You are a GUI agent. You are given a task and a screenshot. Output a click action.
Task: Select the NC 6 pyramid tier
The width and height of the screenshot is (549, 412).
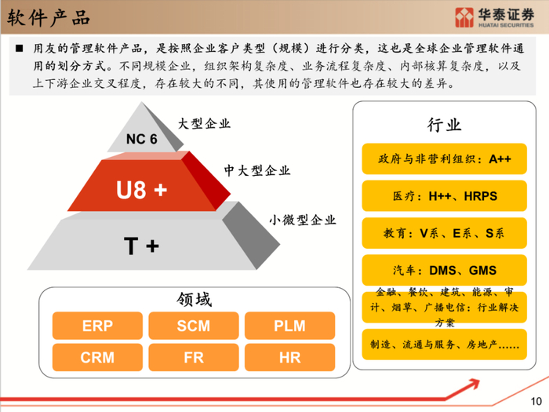(142, 139)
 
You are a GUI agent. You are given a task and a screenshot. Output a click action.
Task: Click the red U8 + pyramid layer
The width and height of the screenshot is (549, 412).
(142, 189)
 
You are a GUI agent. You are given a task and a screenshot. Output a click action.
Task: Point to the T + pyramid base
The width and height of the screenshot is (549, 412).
(142, 246)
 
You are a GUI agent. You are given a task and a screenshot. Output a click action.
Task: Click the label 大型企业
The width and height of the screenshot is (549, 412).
(204, 123)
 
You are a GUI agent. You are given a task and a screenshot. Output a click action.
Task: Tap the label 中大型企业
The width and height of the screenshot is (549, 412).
(256, 170)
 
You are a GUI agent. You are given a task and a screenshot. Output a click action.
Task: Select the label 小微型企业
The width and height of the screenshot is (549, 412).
(303, 220)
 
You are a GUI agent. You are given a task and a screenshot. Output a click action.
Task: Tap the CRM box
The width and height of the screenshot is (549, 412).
(97, 358)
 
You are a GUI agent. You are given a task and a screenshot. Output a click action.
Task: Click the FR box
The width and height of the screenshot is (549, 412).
(193, 358)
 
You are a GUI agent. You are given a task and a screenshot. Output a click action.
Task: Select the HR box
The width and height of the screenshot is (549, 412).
(289, 358)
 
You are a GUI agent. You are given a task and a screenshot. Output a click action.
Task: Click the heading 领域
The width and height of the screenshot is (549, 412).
(194, 299)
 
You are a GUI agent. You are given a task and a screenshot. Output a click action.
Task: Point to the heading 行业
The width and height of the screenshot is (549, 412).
(445, 126)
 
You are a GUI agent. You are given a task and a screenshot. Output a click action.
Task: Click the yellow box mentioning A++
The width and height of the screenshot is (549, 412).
(445, 159)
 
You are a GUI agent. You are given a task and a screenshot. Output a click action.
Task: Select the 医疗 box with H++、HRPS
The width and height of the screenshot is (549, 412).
(445, 196)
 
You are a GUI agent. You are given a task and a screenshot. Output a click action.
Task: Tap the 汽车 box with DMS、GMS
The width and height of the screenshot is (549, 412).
(445, 271)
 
